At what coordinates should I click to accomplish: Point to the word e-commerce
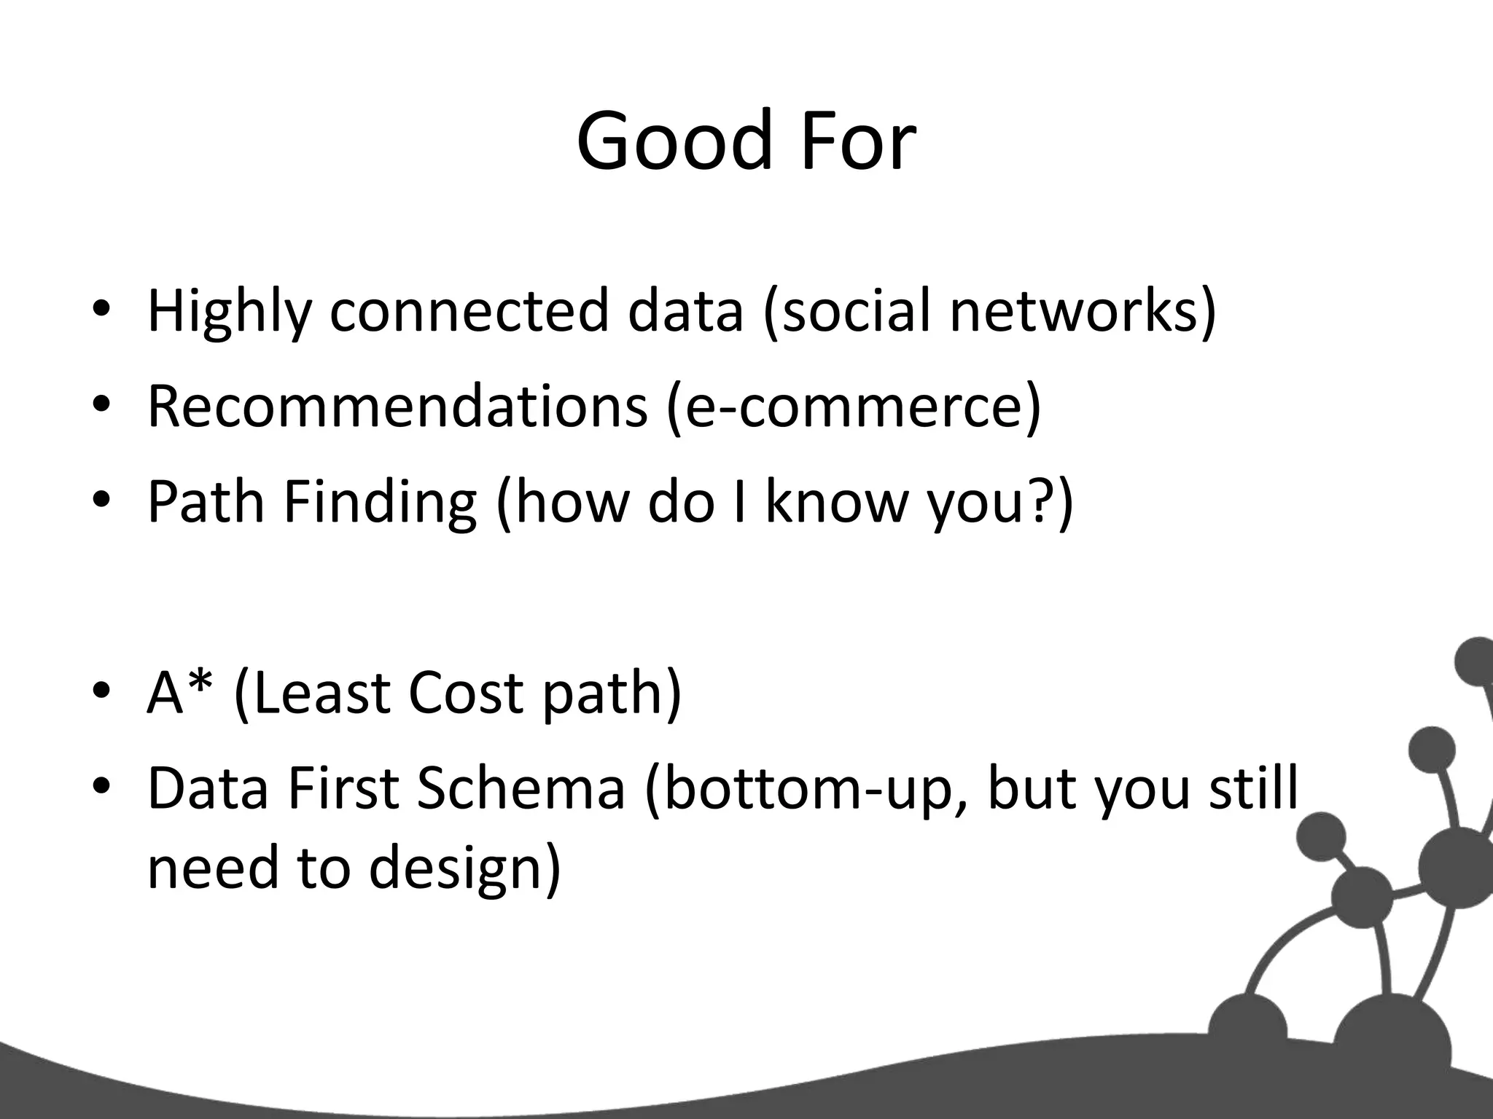coord(853,406)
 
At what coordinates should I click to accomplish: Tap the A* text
coord(182,692)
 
